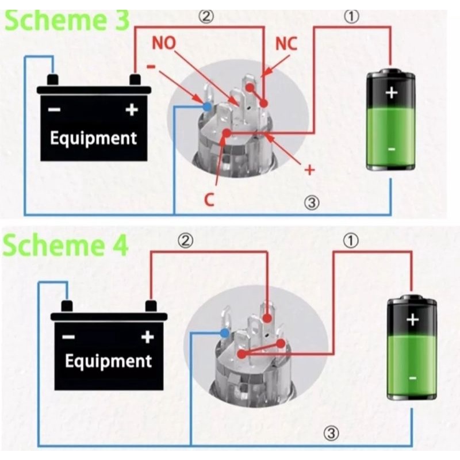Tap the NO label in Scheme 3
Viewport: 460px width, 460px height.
click(165, 44)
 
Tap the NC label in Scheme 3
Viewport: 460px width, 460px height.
click(286, 44)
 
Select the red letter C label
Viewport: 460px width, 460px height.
click(209, 200)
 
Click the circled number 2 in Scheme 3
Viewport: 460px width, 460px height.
click(206, 16)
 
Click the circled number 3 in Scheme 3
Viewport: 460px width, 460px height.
click(312, 202)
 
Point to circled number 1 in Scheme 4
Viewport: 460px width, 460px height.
click(350, 241)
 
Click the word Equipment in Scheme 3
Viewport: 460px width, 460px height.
click(93, 138)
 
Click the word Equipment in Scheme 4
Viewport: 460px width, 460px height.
click(108, 361)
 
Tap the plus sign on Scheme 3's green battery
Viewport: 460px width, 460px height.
click(392, 92)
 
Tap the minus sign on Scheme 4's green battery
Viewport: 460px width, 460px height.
click(412, 378)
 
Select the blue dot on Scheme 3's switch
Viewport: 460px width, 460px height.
click(206, 106)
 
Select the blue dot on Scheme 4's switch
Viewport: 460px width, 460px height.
click(225, 333)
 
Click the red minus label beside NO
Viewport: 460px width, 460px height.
click(151, 66)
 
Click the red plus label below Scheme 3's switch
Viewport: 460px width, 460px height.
click(310, 170)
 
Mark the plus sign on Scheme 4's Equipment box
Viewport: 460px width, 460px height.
click(147, 337)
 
